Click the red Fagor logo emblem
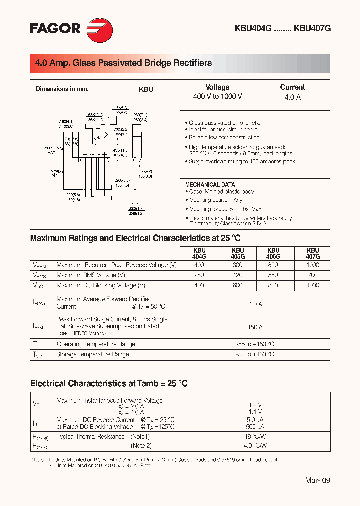pos(99,29)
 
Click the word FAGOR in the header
pos(55,29)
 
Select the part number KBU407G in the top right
pos(312,29)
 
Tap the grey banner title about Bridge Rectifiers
pos(123,63)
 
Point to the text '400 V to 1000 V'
pos(217,96)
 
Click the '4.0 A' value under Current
pos(292,97)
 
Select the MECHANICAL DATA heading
pos(210,185)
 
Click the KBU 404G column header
pos(199,253)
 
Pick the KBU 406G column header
pos(273,253)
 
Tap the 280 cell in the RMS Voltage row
pos(199,275)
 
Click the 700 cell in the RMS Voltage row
pos(312,275)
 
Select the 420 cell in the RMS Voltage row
pos(238,275)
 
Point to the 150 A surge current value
pos(255,327)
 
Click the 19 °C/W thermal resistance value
pos(255,436)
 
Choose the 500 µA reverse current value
pos(255,427)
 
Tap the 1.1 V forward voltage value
pos(255,411)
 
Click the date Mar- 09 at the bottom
pos(318,480)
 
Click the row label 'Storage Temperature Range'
pos(93,354)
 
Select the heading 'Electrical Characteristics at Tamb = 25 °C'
pos(109,384)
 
